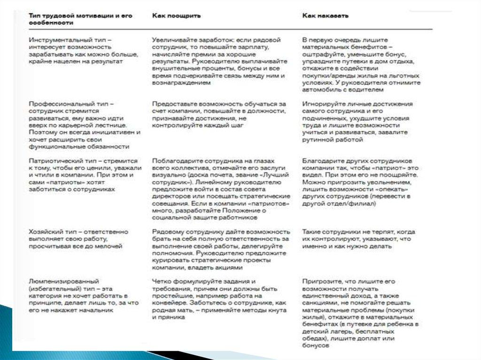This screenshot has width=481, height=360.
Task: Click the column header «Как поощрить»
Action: click(x=177, y=15)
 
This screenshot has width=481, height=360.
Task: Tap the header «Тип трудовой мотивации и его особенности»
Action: click(x=80, y=19)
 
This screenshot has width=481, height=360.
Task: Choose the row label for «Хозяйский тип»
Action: click(x=78, y=238)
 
